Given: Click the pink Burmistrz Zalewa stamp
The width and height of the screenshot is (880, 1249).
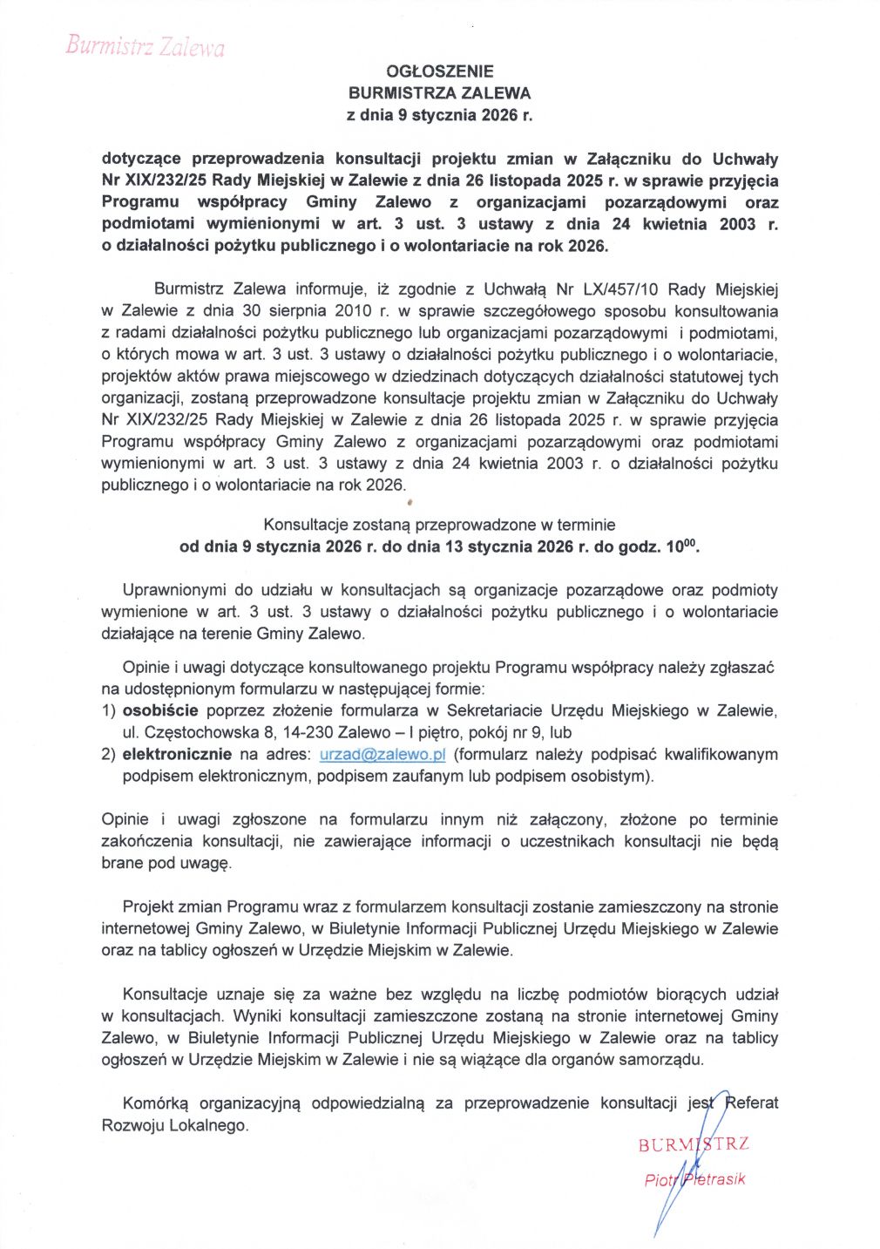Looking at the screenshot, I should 145,46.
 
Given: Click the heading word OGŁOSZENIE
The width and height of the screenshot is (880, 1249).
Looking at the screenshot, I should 439,71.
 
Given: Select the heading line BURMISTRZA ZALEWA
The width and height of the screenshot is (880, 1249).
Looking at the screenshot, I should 439,92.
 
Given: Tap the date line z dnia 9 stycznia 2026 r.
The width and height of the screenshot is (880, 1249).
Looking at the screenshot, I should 439,114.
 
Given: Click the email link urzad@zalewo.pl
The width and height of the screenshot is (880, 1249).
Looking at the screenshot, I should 382,754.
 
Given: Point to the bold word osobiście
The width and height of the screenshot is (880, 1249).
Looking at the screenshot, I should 160,710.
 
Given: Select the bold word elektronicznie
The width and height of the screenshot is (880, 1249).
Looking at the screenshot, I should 177,754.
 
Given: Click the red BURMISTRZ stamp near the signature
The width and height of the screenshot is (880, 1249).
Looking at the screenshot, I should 694,1144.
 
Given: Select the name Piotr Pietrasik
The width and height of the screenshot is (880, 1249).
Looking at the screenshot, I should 694,1179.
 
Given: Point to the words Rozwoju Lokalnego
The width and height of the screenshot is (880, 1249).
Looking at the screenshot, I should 174,1125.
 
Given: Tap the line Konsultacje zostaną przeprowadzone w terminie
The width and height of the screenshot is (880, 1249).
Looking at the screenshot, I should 439,525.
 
